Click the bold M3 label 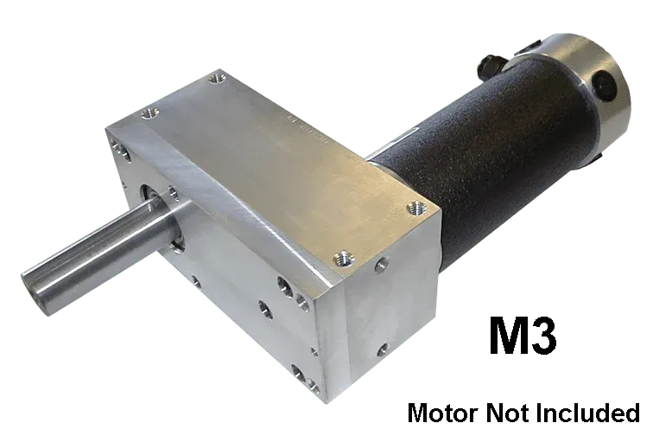tap(523, 336)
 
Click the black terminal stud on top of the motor tap(491, 67)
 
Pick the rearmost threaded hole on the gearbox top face tap(217, 77)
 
